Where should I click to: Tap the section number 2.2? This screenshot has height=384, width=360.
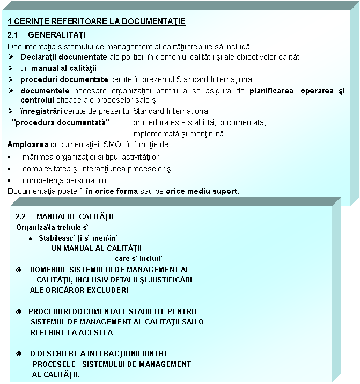pos(21,217)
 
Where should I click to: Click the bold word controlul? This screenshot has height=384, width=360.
pos(35,99)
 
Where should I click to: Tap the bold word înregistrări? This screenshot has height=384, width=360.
pos(41,111)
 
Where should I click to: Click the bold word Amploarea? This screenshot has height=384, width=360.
pos(26,145)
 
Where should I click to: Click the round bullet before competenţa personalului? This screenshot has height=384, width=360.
pos(11,180)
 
